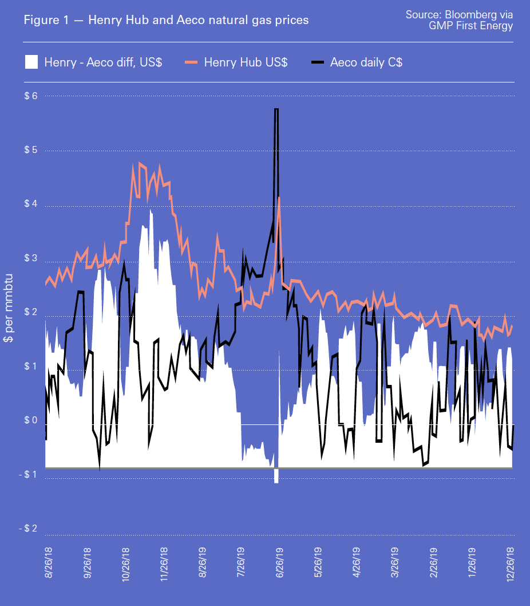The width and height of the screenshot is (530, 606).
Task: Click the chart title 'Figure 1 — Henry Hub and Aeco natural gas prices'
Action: click(x=166, y=20)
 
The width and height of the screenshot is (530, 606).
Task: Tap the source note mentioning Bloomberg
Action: click(x=459, y=19)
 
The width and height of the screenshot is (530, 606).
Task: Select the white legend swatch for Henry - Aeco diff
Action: click(x=31, y=62)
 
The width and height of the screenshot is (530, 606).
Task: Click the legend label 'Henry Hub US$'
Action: click(x=246, y=62)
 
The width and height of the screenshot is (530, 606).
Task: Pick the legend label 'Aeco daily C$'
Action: click(x=366, y=62)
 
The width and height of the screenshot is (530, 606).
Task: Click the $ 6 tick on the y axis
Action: click(x=30, y=96)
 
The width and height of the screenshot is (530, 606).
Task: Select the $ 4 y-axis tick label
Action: click(x=30, y=205)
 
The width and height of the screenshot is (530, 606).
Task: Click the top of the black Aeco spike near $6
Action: click(x=276, y=109)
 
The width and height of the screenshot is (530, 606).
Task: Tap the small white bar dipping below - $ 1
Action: click(x=276, y=476)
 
